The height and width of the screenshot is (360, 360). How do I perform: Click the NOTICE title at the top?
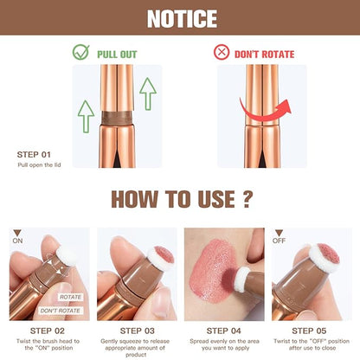(x=180, y=19)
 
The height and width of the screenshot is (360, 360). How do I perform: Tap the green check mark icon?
(x=80, y=53)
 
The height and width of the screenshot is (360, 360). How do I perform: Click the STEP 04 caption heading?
(x=223, y=331)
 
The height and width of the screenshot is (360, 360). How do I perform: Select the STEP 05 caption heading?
(x=311, y=331)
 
